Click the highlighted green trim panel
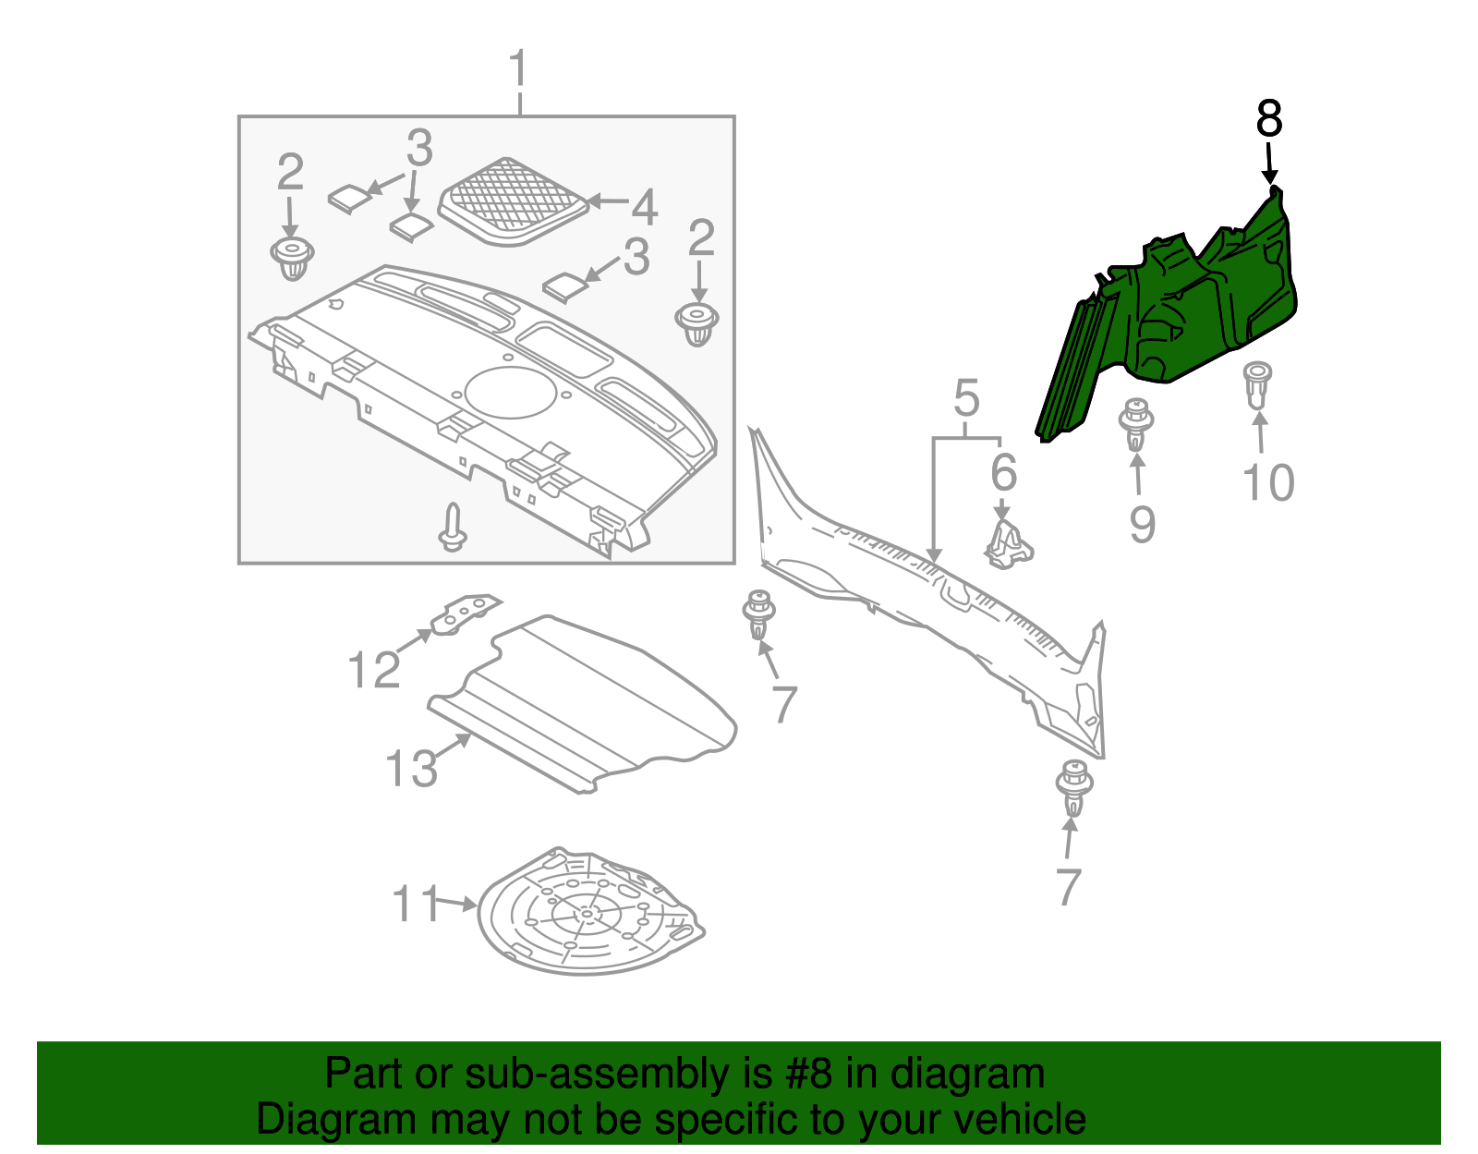pyautogui.click(x=1201, y=314)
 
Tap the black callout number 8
pyautogui.click(x=1269, y=119)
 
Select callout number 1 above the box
pyautogui.click(x=518, y=70)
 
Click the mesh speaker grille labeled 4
pyautogui.click(x=513, y=200)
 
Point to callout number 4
pyautogui.click(x=644, y=207)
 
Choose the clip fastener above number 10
pyautogui.click(x=1256, y=384)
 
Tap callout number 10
pyautogui.click(x=1268, y=482)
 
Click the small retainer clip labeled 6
pyautogui.click(x=1008, y=544)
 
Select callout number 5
pyautogui.click(x=966, y=398)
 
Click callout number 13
pyautogui.click(x=411, y=769)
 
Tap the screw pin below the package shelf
pyautogui.click(x=452, y=528)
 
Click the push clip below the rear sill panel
pyautogui.click(x=1073, y=787)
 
